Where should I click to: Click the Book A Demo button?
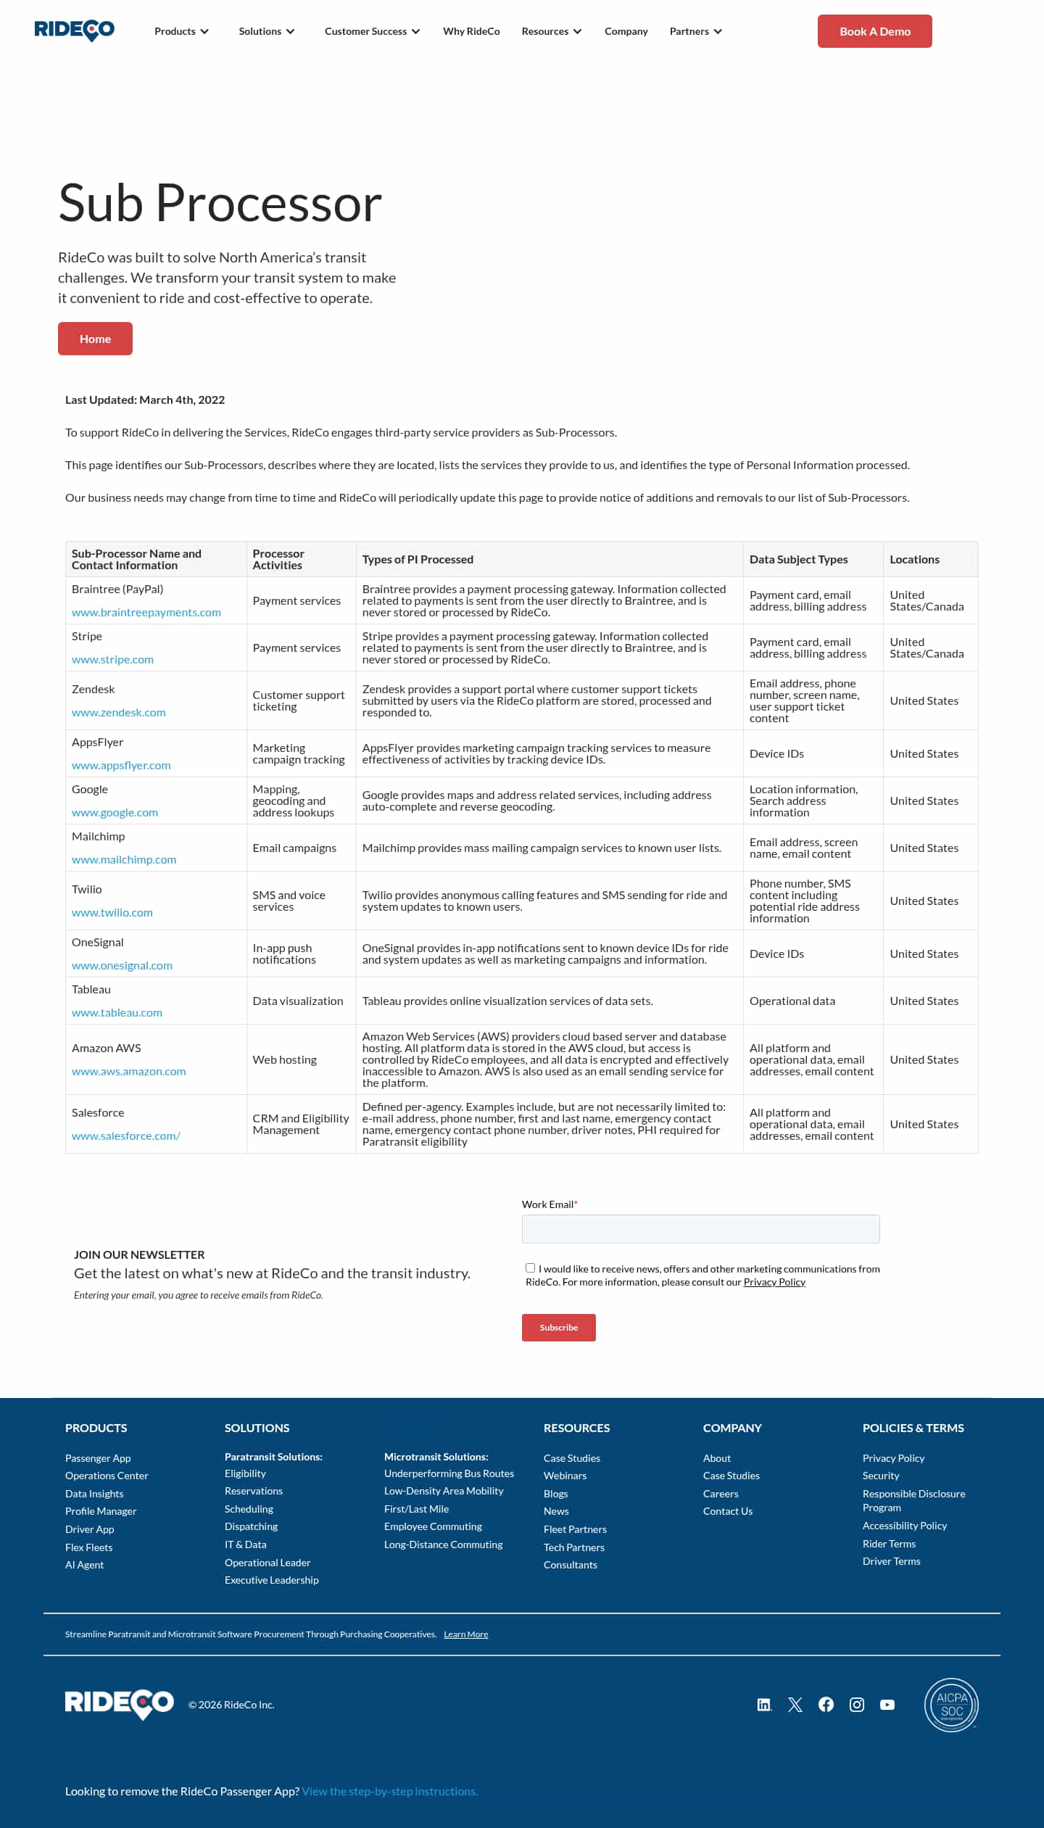874,31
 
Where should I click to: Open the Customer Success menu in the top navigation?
372,31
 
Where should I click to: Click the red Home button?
95,339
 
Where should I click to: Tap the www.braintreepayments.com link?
146,613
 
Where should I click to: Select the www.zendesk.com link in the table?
119,713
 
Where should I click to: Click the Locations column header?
914,560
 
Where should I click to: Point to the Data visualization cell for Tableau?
298,1001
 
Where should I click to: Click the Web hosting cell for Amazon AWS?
285,1060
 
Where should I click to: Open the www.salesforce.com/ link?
126,1136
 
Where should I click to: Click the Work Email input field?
700,1229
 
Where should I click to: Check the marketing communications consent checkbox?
531,1268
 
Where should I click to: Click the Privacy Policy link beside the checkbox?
774,1282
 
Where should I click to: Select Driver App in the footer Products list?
90,1529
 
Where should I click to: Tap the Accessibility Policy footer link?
905,1526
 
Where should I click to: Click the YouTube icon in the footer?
887,1705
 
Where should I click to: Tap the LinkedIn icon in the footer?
764,1705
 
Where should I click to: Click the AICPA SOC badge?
951,1705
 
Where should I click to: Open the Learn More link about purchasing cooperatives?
466,1634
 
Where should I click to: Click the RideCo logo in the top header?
75,30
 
